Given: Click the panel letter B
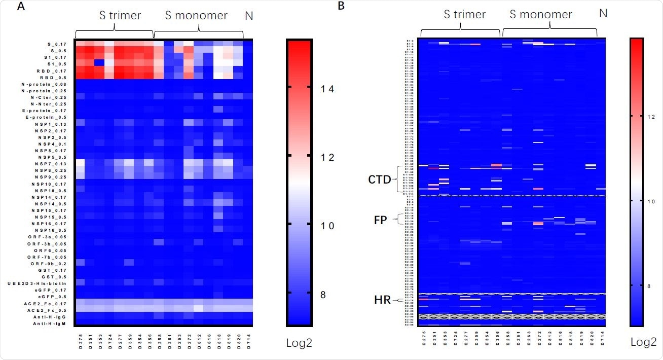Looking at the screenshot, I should point(341,6).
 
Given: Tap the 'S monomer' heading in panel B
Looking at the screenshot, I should point(541,14).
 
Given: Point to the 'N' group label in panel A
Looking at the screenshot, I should point(249,16).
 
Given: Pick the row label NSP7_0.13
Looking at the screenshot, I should point(51,164).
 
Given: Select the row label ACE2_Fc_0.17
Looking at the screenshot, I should point(49,303).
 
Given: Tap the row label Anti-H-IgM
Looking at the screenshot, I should point(50,323).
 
